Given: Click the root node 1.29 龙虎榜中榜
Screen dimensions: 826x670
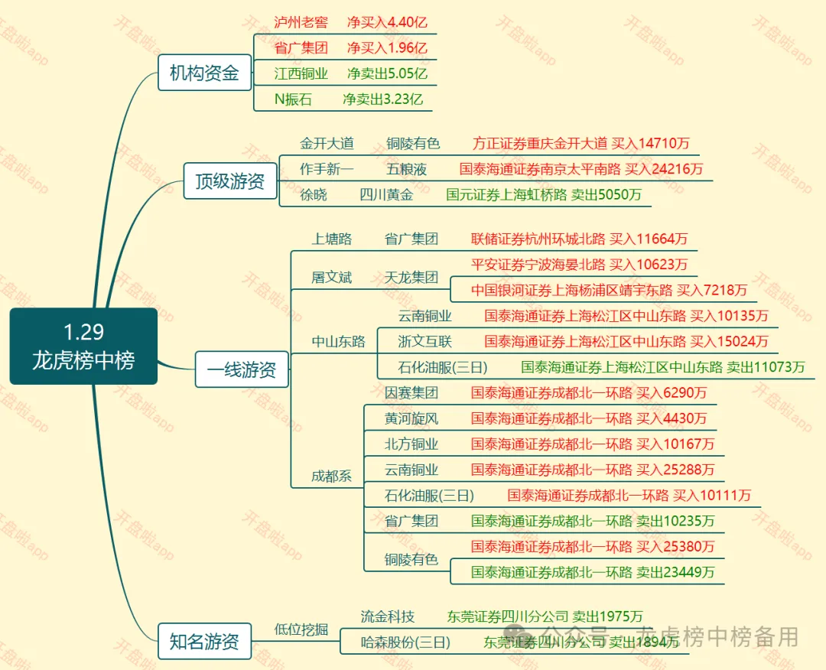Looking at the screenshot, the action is click(83, 346).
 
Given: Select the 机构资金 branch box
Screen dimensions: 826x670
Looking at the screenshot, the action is click(204, 73).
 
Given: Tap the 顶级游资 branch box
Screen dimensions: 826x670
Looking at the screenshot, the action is click(230, 181).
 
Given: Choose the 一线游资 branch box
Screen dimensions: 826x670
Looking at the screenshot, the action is click(242, 371).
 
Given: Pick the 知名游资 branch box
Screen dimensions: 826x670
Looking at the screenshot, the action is click(204, 641).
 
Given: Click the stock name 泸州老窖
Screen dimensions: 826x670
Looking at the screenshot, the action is click(301, 22).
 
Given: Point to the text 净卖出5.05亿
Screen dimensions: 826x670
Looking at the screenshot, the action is click(387, 73).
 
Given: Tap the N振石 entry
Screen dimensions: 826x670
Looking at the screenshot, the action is click(293, 99).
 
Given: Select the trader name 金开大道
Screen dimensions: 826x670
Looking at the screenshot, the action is click(327, 143).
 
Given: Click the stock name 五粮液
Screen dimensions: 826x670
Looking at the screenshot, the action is click(406, 169).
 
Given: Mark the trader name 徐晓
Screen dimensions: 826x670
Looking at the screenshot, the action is click(313, 195).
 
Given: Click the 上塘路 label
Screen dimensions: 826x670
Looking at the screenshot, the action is click(331, 239).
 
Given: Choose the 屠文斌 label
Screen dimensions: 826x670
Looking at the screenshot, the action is click(331, 277).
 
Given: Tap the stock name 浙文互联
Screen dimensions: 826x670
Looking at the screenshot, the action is click(424, 341).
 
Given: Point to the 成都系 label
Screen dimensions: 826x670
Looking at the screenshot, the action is click(331, 476).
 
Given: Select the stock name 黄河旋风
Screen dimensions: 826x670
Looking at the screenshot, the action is click(411, 418).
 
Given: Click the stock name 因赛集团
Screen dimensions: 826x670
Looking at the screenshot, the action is click(411, 393).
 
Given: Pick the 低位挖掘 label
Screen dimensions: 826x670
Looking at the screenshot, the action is click(301, 629).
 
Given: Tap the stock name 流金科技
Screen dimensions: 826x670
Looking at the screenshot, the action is click(387, 616).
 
